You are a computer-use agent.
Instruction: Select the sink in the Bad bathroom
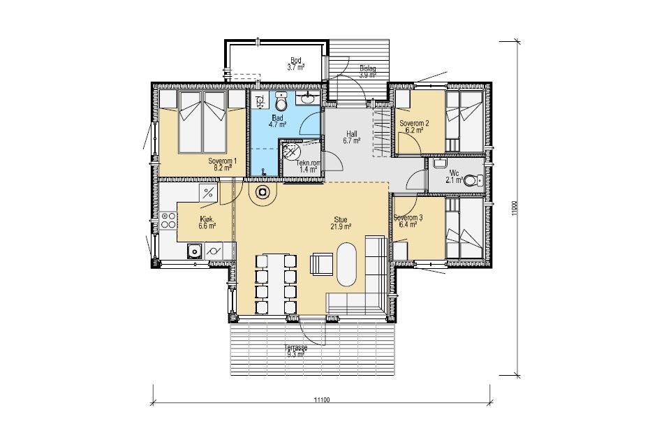(x=307, y=98)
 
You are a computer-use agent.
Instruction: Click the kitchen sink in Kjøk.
(x=193, y=251)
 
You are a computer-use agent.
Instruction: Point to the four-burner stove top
(x=168, y=220)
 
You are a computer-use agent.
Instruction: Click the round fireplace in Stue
(x=263, y=192)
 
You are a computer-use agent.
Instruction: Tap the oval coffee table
(x=346, y=264)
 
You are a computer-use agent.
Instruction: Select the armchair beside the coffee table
(x=321, y=264)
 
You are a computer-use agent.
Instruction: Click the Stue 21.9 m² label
(x=341, y=223)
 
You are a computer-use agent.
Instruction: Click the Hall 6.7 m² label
(x=352, y=138)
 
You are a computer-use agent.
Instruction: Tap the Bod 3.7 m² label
(x=296, y=64)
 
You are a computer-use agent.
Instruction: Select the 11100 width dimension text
(x=321, y=400)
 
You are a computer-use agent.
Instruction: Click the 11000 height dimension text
(x=515, y=209)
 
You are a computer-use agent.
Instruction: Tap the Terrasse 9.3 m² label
(x=295, y=351)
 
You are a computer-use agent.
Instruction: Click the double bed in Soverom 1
(x=202, y=122)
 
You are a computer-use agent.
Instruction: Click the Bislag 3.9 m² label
(x=368, y=71)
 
